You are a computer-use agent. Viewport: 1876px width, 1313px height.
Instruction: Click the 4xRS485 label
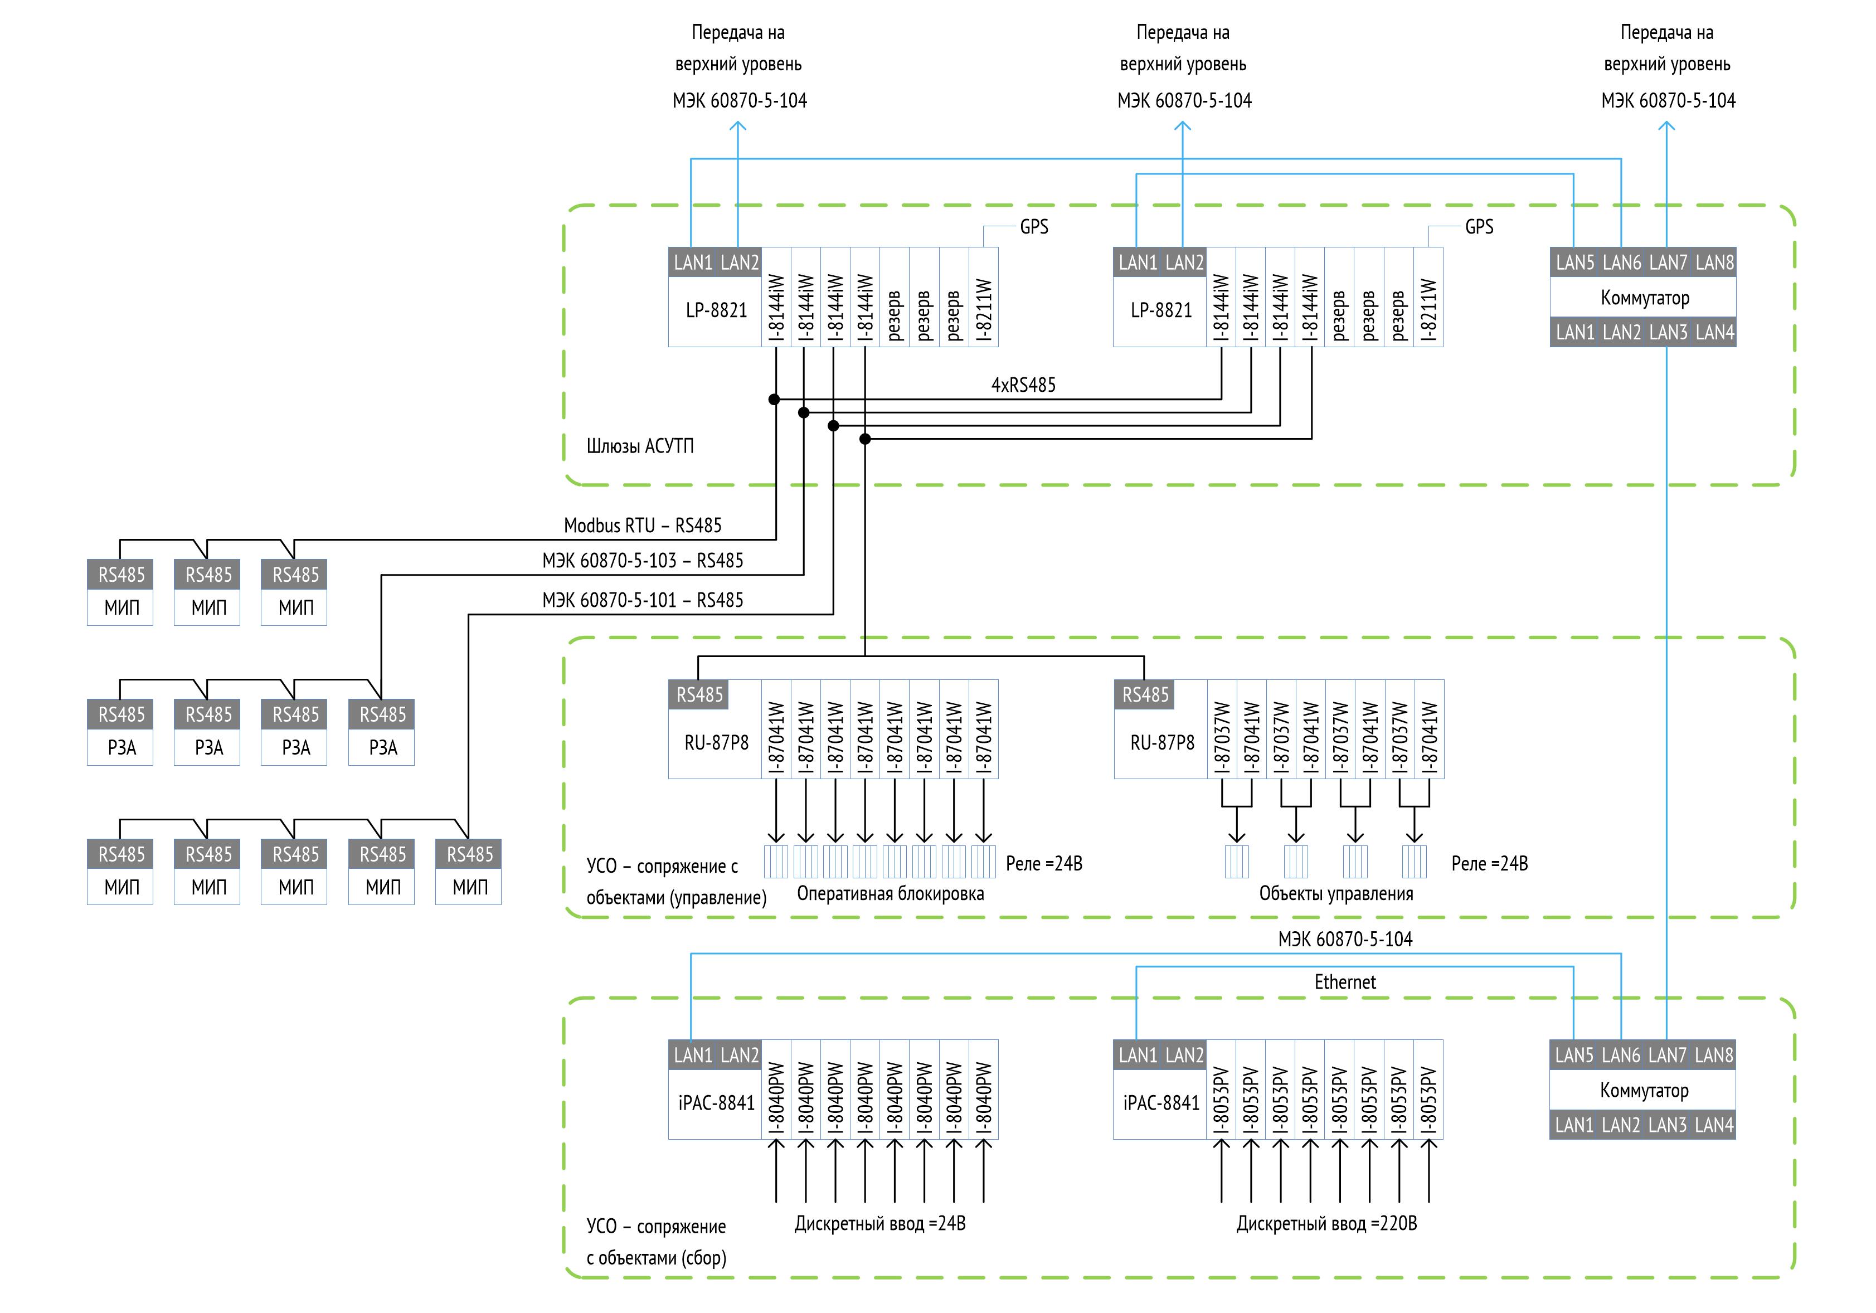(x=1023, y=385)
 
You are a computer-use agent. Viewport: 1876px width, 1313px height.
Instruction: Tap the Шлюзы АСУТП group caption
(x=640, y=446)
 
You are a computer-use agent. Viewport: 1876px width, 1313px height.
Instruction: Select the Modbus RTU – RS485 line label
(x=642, y=526)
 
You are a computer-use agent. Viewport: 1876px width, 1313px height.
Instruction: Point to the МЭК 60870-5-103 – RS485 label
(x=642, y=561)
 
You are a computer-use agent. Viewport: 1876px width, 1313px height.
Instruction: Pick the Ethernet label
(x=1345, y=982)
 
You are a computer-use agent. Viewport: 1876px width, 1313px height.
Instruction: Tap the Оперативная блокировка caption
(x=890, y=894)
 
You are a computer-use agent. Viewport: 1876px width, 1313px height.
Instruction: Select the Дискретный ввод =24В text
(x=880, y=1224)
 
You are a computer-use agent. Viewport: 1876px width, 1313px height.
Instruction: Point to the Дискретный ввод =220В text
(x=1326, y=1224)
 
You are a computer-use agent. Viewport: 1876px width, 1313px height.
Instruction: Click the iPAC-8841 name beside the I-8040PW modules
(x=716, y=1103)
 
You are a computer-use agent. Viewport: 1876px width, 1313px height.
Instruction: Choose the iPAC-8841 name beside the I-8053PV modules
(x=1160, y=1103)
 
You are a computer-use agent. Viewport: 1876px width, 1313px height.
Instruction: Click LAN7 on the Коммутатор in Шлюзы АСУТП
(x=1668, y=262)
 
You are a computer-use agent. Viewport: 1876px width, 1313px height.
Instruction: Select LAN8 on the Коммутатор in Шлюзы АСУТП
(x=1714, y=262)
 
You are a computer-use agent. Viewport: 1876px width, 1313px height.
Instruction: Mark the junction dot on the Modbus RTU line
(x=774, y=400)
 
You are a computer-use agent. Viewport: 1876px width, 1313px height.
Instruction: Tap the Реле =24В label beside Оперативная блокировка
(x=1043, y=864)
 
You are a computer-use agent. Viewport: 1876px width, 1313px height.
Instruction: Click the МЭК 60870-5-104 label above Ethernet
(x=1345, y=940)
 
